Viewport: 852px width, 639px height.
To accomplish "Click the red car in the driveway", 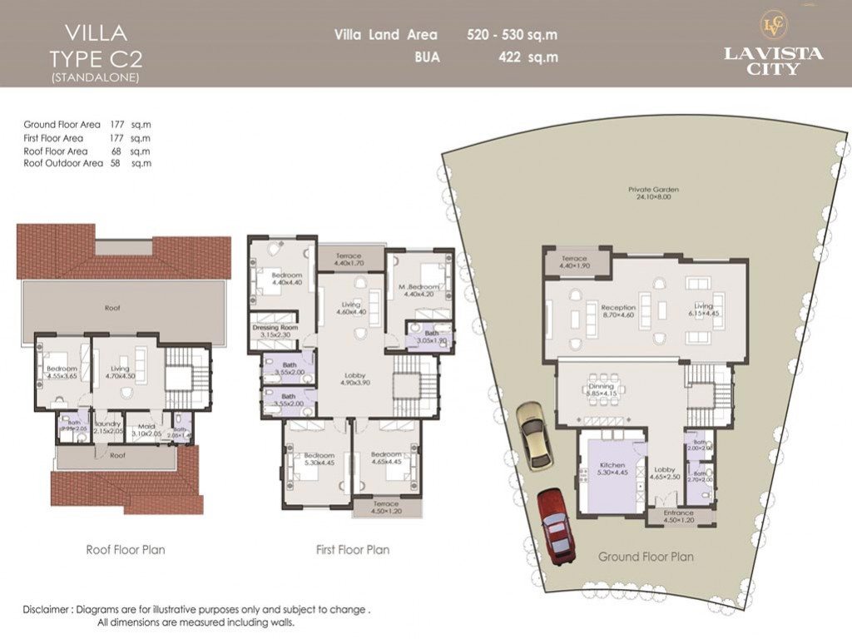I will (x=556, y=527).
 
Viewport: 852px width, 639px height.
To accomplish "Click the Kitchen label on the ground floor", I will (x=612, y=468).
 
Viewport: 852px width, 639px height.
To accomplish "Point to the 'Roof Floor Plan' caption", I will (x=126, y=550).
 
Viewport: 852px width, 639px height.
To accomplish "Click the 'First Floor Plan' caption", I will (x=352, y=550).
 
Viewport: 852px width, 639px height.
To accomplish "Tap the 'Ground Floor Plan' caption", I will (x=646, y=557).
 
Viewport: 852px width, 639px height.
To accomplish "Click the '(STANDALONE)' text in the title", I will (x=95, y=77).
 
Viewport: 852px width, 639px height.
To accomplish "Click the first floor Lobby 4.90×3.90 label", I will (x=354, y=379).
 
